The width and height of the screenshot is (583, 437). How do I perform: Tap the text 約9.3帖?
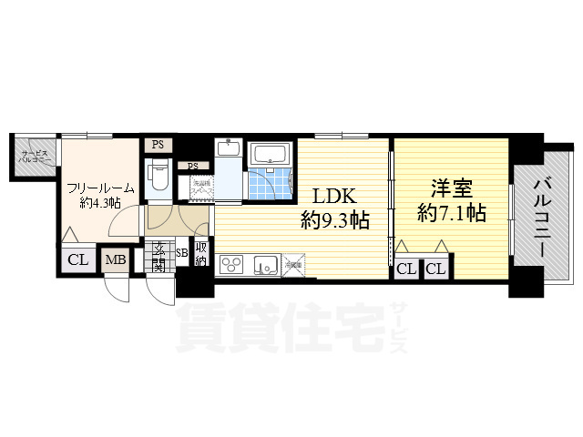click(x=334, y=219)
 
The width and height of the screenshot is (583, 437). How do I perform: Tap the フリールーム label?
click(x=100, y=188)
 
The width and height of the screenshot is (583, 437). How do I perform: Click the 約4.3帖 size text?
click(x=100, y=203)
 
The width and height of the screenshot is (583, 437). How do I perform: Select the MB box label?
click(x=116, y=260)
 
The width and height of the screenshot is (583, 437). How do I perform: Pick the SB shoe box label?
click(x=181, y=253)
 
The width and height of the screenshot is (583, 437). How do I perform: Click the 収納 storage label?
click(x=200, y=252)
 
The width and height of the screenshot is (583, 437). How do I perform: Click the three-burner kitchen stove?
click(x=231, y=265)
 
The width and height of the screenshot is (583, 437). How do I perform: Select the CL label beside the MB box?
click(x=78, y=260)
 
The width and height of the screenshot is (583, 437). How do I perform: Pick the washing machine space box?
click(x=201, y=186)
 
